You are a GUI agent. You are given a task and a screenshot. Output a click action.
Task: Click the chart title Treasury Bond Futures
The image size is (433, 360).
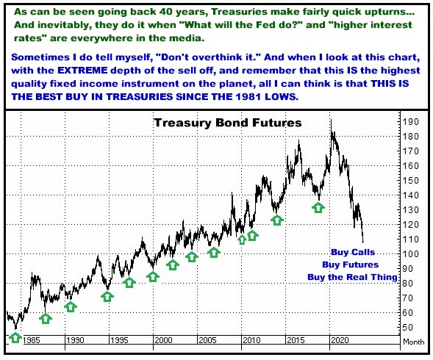[228, 123]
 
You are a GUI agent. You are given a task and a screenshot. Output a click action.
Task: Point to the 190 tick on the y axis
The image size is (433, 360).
[410, 122]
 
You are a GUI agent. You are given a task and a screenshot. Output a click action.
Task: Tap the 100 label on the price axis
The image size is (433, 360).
[410, 254]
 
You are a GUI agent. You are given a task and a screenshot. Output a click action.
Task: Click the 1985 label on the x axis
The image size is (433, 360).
[31, 340]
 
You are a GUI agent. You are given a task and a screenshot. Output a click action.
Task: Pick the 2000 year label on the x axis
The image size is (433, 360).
[163, 340]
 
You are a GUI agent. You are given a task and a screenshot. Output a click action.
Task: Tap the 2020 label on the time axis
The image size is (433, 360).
[340, 340]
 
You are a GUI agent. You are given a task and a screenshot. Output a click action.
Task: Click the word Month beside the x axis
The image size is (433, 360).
[413, 342]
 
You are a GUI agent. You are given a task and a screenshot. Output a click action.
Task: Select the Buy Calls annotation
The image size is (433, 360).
[353, 252]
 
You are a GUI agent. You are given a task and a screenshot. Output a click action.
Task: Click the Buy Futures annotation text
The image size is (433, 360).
[350, 264]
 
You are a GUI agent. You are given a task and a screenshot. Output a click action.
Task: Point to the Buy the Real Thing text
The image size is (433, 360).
[352, 277]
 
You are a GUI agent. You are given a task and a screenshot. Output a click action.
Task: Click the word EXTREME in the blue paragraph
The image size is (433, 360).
[82, 71]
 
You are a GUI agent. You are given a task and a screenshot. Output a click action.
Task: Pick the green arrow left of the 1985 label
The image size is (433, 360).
[15, 337]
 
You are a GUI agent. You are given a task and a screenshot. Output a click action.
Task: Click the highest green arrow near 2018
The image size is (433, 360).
[318, 208]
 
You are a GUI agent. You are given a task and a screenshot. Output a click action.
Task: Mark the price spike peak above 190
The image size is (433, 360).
[331, 120]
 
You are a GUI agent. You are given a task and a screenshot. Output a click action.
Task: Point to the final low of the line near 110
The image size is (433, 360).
[363, 242]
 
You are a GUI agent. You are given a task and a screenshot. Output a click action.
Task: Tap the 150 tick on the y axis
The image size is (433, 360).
[410, 181]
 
